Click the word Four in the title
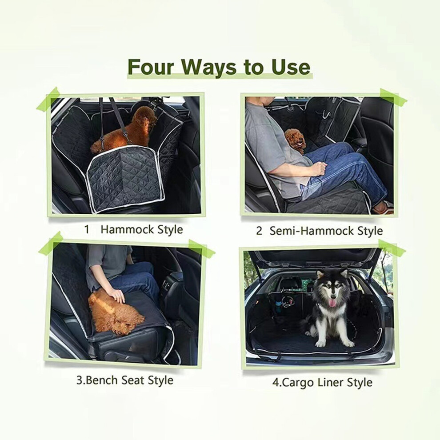click(x=151, y=67)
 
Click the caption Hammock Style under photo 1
click(x=142, y=229)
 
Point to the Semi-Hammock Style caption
click(x=326, y=231)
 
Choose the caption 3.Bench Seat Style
click(x=125, y=380)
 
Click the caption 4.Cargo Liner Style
click(x=322, y=382)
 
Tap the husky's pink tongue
click(x=332, y=303)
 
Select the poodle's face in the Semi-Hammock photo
click(x=297, y=140)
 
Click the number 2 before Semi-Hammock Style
click(x=259, y=231)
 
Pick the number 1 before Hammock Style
click(x=87, y=229)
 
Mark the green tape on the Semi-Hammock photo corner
click(x=393, y=96)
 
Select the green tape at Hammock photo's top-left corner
click(x=48, y=100)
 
